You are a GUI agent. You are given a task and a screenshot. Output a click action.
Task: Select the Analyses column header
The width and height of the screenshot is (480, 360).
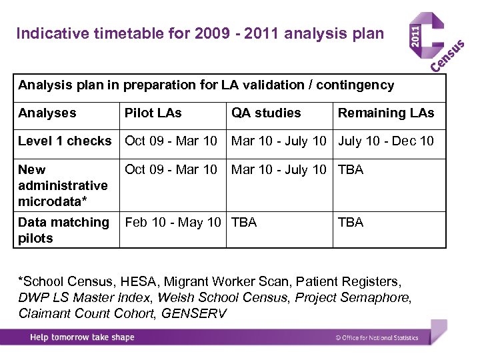point(47,113)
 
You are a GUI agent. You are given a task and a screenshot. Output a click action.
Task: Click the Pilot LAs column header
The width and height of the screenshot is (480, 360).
point(153,113)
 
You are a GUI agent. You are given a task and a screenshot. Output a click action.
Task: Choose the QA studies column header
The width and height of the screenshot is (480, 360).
point(266,113)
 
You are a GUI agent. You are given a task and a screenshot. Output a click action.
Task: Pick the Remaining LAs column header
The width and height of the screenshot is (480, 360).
point(386,113)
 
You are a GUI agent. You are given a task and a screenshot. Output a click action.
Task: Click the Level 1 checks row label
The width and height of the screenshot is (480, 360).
point(65,141)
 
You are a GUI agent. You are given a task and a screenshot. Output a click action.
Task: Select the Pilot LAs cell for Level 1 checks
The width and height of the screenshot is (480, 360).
point(171,141)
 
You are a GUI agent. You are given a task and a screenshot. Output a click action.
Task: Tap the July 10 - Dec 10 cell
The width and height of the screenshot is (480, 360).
point(386,141)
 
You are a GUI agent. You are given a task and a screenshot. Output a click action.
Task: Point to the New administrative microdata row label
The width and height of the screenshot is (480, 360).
point(63,185)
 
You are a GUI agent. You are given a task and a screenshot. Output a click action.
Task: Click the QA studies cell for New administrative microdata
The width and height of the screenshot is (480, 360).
point(279,169)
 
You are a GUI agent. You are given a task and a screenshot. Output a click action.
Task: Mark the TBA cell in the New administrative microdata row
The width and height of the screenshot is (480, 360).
point(351,169)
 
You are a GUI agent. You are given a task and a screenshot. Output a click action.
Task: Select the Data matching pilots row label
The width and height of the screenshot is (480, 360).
point(63,230)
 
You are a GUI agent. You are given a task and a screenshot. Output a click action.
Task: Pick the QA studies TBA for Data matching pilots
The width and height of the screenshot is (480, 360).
point(244,222)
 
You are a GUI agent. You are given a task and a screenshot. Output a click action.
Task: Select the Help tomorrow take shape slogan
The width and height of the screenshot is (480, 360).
point(82,337)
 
